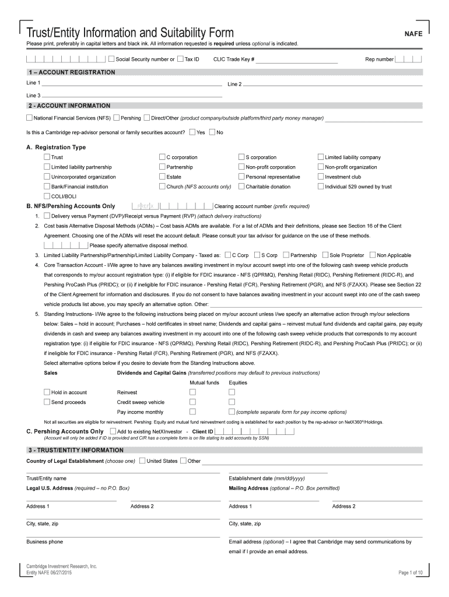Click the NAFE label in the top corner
[x=413, y=34]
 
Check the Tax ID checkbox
[x=180, y=59]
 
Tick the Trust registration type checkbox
[x=47, y=157]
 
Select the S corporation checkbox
[x=241, y=157]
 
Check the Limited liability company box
[x=321, y=157]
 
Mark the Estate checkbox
[x=162, y=177]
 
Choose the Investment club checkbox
[x=321, y=177]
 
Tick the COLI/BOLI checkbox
[x=47, y=196]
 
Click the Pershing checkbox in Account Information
[x=117, y=118]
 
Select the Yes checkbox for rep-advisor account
[x=192, y=132]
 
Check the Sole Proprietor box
[x=325, y=255]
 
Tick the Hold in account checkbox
[x=47, y=392]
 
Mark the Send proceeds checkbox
[x=47, y=402]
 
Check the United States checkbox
[x=142, y=461]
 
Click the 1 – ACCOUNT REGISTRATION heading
[x=71, y=72]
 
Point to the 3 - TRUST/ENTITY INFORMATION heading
[x=75, y=450]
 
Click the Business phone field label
[x=45, y=542]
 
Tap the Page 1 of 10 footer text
[x=412, y=573]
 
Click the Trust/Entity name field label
[x=46, y=478]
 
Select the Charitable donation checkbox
[x=241, y=187]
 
